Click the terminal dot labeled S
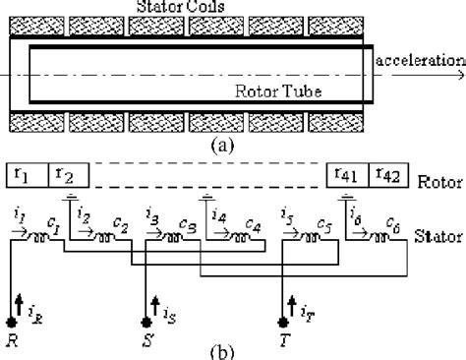pos(146,322)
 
